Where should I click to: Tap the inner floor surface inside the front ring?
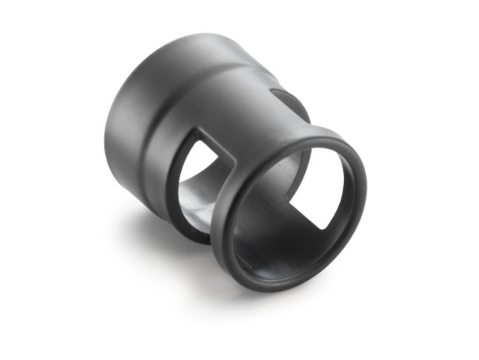[x=268, y=252]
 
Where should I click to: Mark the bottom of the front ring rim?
[x=277, y=286]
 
